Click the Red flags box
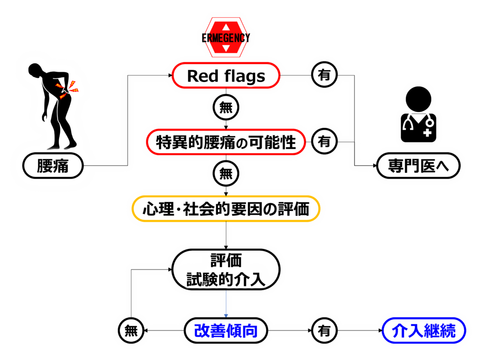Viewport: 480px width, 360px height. tap(226, 76)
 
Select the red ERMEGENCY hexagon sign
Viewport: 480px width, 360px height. tap(226, 38)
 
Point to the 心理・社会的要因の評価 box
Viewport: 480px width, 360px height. tap(226, 209)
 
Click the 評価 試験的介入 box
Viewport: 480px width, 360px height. tap(226, 269)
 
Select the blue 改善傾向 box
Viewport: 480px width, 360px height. tap(226, 331)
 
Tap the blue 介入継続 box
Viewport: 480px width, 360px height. tap(425, 331)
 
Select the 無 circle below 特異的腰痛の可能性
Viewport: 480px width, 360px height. tap(226, 174)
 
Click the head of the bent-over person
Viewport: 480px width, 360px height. tap(37, 72)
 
